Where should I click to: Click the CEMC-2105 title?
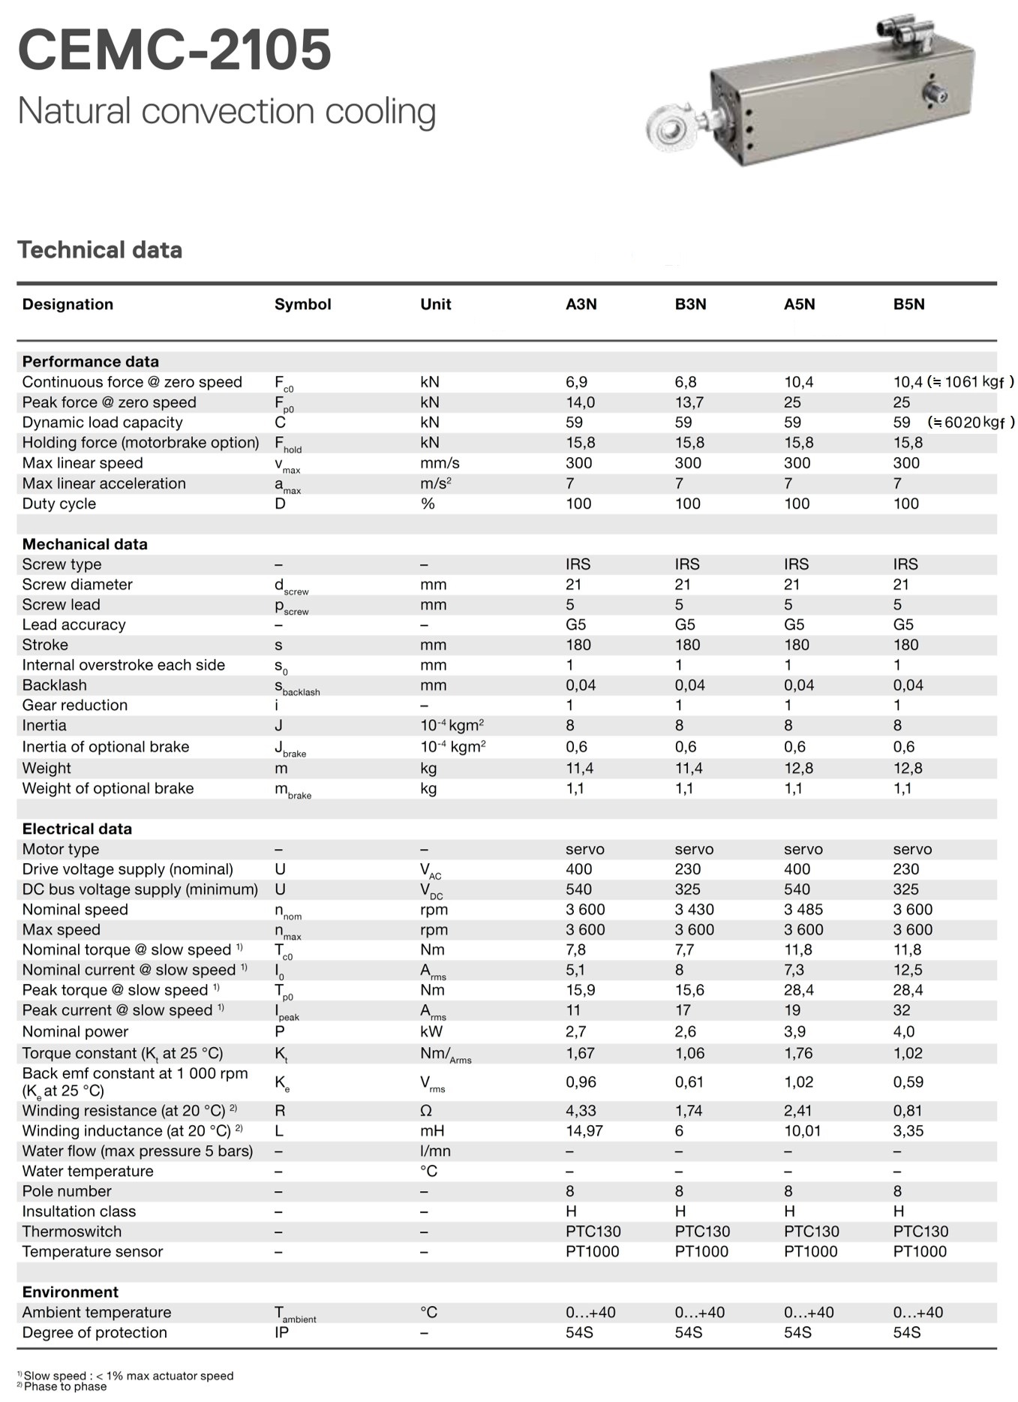click(174, 50)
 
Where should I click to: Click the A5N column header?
click(799, 304)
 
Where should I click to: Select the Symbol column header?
click(302, 304)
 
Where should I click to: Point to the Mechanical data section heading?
click(85, 544)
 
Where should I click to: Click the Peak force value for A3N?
click(580, 402)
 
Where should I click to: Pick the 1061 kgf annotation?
click(971, 382)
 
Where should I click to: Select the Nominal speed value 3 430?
click(694, 910)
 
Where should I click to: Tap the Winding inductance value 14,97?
click(584, 1130)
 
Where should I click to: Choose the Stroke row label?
click(45, 645)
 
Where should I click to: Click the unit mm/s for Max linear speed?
click(440, 463)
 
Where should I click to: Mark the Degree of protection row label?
click(95, 1332)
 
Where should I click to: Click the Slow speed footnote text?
click(128, 1376)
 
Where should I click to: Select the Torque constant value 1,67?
click(580, 1053)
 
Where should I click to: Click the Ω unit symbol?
click(426, 1111)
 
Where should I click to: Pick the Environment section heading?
click(71, 1292)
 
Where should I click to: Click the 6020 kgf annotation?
click(971, 423)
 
